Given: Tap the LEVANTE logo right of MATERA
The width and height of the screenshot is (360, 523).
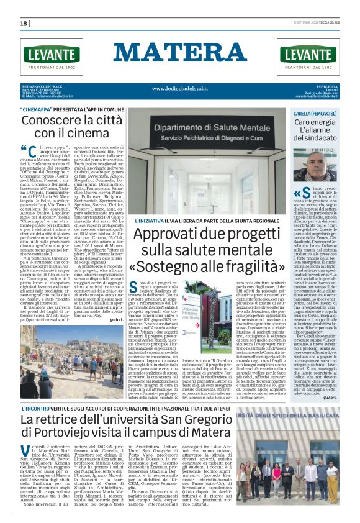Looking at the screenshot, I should pyautogui.click(x=308, y=57).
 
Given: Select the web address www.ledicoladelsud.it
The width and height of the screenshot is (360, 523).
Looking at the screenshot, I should pyautogui.click(x=179, y=88).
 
